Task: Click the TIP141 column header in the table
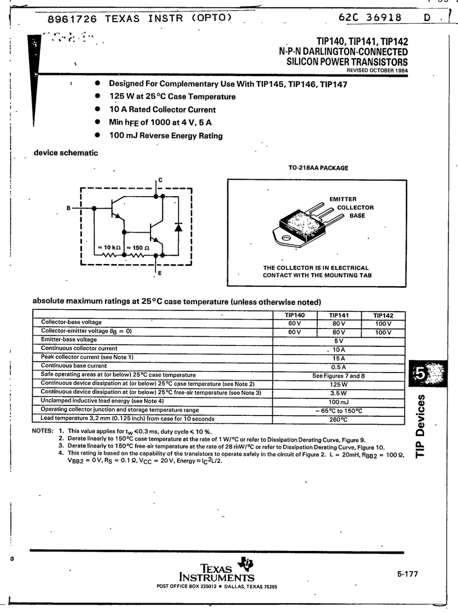tap(339, 315)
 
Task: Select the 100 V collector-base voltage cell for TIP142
tap(383, 324)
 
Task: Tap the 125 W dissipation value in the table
tap(339, 384)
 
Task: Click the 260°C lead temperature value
tap(339, 420)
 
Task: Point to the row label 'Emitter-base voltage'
tap(69, 340)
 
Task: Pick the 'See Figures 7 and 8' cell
tap(339, 376)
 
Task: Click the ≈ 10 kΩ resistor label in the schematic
tap(110, 248)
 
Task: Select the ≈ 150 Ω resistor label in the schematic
tap(138, 248)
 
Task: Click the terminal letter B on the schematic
tap(69, 208)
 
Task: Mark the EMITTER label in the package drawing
tap(343, 199)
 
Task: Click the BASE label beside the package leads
tap(357, 216)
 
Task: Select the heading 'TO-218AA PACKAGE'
tap(318, 168)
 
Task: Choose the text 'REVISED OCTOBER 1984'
tap(377, 70)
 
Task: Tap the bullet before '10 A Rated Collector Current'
tap(98, 109)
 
